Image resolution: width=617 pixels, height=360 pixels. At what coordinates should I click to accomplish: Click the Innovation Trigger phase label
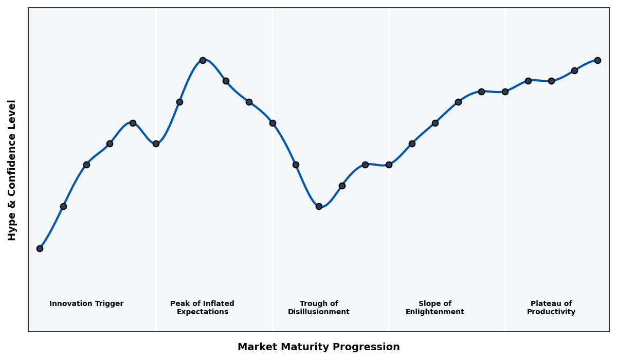pos(86,304)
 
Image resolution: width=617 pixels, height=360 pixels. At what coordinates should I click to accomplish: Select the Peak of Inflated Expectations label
pos(202,308)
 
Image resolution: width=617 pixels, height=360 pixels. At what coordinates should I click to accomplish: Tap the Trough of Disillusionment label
pos(319,308)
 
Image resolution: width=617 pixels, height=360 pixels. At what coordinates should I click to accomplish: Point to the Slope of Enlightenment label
pos(435,308)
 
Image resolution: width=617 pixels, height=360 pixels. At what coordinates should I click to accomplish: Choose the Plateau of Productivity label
pos(551,308)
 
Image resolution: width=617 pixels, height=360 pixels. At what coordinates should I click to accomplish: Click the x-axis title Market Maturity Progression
pos(318,347)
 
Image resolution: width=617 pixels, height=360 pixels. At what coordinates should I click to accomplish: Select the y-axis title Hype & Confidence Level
pos(12,170)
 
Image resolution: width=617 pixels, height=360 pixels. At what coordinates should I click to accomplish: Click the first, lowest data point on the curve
pos(40,248)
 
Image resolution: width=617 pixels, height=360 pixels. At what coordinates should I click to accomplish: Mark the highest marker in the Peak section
pos(203,60)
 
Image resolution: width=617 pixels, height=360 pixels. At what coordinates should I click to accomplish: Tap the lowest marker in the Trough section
pos(319,206)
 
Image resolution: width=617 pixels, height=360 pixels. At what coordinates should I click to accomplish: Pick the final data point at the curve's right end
pos(597,60)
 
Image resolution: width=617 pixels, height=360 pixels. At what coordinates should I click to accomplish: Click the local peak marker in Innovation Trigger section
pos(133,123)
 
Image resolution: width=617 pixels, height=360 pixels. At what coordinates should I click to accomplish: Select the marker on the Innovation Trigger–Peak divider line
pos(156,143)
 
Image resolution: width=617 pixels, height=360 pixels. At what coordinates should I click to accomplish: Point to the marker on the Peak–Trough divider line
pos(273,123)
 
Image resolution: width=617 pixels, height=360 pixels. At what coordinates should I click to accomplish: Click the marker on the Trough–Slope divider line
pos(389,165)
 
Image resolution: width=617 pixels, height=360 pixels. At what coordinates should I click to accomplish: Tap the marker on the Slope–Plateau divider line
pos(505,92)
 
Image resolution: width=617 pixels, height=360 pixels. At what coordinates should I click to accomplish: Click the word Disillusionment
pos(319,312)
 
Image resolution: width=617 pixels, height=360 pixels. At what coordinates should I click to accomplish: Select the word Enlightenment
pos(435,312)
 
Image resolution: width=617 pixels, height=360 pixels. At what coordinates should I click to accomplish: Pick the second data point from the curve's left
pos(63,206)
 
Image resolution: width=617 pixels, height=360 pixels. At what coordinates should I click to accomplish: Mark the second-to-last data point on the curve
pos(574,70)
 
